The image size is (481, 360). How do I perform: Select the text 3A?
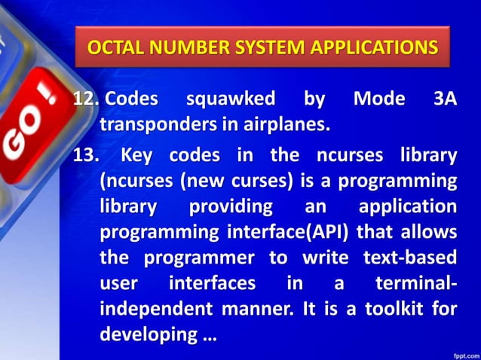[x=445, y=99]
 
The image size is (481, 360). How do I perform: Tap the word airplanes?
[x=290, y=124]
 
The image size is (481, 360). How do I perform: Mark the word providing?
[x=234, y=207]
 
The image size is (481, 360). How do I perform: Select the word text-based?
[x=412, y=258]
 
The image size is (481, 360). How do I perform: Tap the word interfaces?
[x=211, y=284]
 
